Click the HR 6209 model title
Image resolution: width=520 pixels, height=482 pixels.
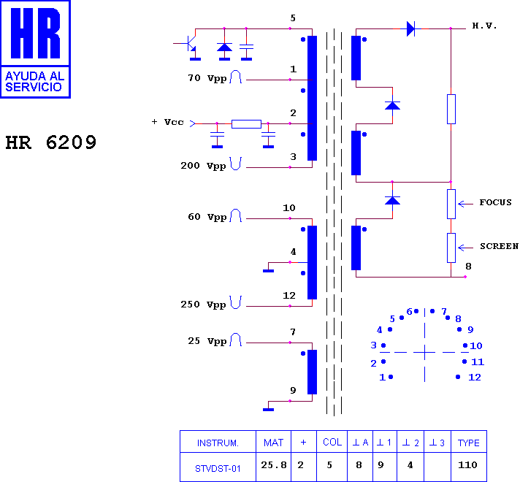pos(50,142)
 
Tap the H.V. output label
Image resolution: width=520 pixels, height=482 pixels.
pos(484,26)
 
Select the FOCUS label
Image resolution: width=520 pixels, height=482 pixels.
pos(495,202)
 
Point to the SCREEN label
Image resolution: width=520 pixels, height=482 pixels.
pos(499,246)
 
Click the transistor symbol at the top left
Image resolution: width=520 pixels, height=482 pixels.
pos(188,45)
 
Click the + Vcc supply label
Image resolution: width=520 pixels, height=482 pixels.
pos(167,122)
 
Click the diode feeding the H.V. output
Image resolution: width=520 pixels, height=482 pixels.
pos(410,29)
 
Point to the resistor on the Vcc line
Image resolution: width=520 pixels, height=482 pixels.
pos(246,124)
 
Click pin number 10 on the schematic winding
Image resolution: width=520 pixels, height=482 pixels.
pos(289,208)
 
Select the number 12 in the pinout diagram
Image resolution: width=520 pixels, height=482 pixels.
pos(475,377)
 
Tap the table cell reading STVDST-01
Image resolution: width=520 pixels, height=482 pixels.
pos(218,469)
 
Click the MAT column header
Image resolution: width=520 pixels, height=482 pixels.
pos(273,443)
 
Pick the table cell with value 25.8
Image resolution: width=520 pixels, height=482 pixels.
pos(274,465)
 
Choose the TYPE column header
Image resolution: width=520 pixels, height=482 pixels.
pos(469,443)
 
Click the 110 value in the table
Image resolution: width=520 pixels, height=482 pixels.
pos(467,465)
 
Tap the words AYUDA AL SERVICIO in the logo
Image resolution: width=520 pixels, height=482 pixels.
pos(34,82)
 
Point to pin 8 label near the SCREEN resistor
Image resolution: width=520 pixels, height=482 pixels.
pos(468,267)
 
